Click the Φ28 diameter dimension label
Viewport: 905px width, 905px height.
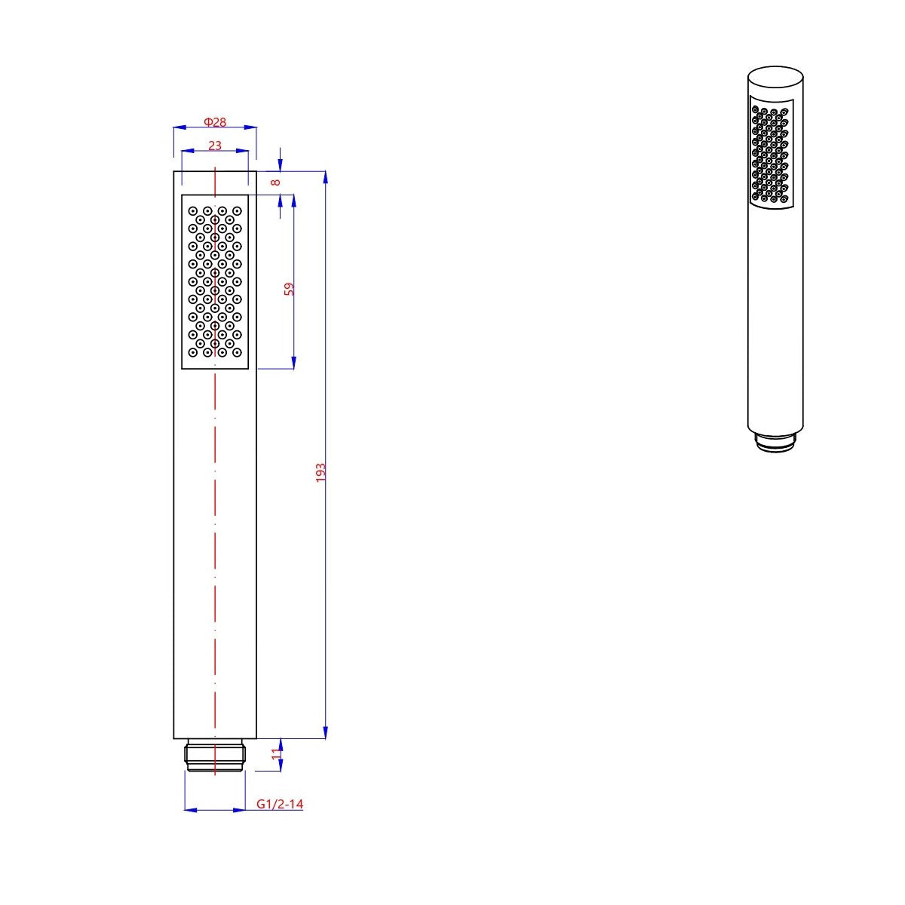[x=215, y=122]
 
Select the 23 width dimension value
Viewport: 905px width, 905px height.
[x=215, y=146]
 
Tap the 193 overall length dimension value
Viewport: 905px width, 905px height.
[x=321, y=473]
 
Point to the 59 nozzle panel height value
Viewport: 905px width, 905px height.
[x=289, y=289]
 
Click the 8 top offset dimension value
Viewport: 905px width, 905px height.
[x=276, y=182]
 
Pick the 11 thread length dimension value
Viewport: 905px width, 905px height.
[x=276, y=752]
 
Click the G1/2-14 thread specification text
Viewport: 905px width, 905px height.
[x=280, y=804]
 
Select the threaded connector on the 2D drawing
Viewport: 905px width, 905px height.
[x=215, y=756]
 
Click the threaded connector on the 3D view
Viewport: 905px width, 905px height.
[x=775, y=443]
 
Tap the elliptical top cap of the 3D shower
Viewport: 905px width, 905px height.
[x=776, y=78]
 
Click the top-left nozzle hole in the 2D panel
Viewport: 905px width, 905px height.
[x=193, y=210]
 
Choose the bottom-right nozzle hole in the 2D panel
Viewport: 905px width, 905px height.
[x=237, y=352]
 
